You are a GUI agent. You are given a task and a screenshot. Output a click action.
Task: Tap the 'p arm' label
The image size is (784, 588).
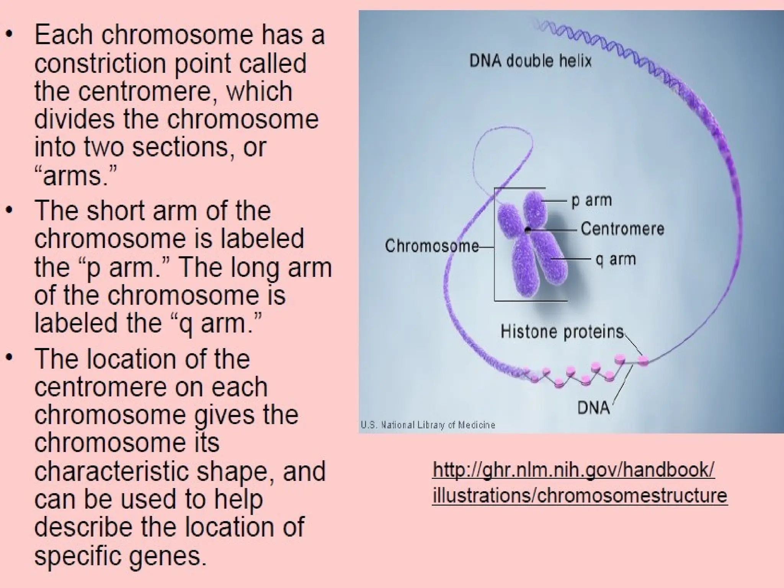click(x=591, y=201)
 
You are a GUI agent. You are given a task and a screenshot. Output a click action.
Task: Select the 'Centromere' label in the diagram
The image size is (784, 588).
click(x=622, y=229)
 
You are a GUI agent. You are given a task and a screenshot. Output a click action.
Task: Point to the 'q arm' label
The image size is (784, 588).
click(x=616, y=260)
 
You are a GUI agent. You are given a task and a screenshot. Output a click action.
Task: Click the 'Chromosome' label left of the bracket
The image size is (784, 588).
click(x=432, y=246)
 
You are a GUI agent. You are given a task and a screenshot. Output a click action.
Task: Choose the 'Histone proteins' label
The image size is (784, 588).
click(x=562, y=332)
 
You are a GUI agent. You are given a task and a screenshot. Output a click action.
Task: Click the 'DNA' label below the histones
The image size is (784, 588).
click(x=593, y=408)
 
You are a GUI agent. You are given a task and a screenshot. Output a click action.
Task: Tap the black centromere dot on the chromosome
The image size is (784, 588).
click(x=528, y=230)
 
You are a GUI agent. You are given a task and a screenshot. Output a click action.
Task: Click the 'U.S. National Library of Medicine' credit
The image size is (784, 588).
click(x=428, y=425)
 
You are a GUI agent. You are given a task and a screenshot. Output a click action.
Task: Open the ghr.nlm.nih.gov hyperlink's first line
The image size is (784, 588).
click(x=573, y=470)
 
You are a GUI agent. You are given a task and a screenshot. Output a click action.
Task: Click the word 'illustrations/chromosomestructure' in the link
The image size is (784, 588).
click(x=580, y=495)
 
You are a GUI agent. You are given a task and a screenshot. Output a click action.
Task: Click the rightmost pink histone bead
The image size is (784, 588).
click(x=643, y=361)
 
